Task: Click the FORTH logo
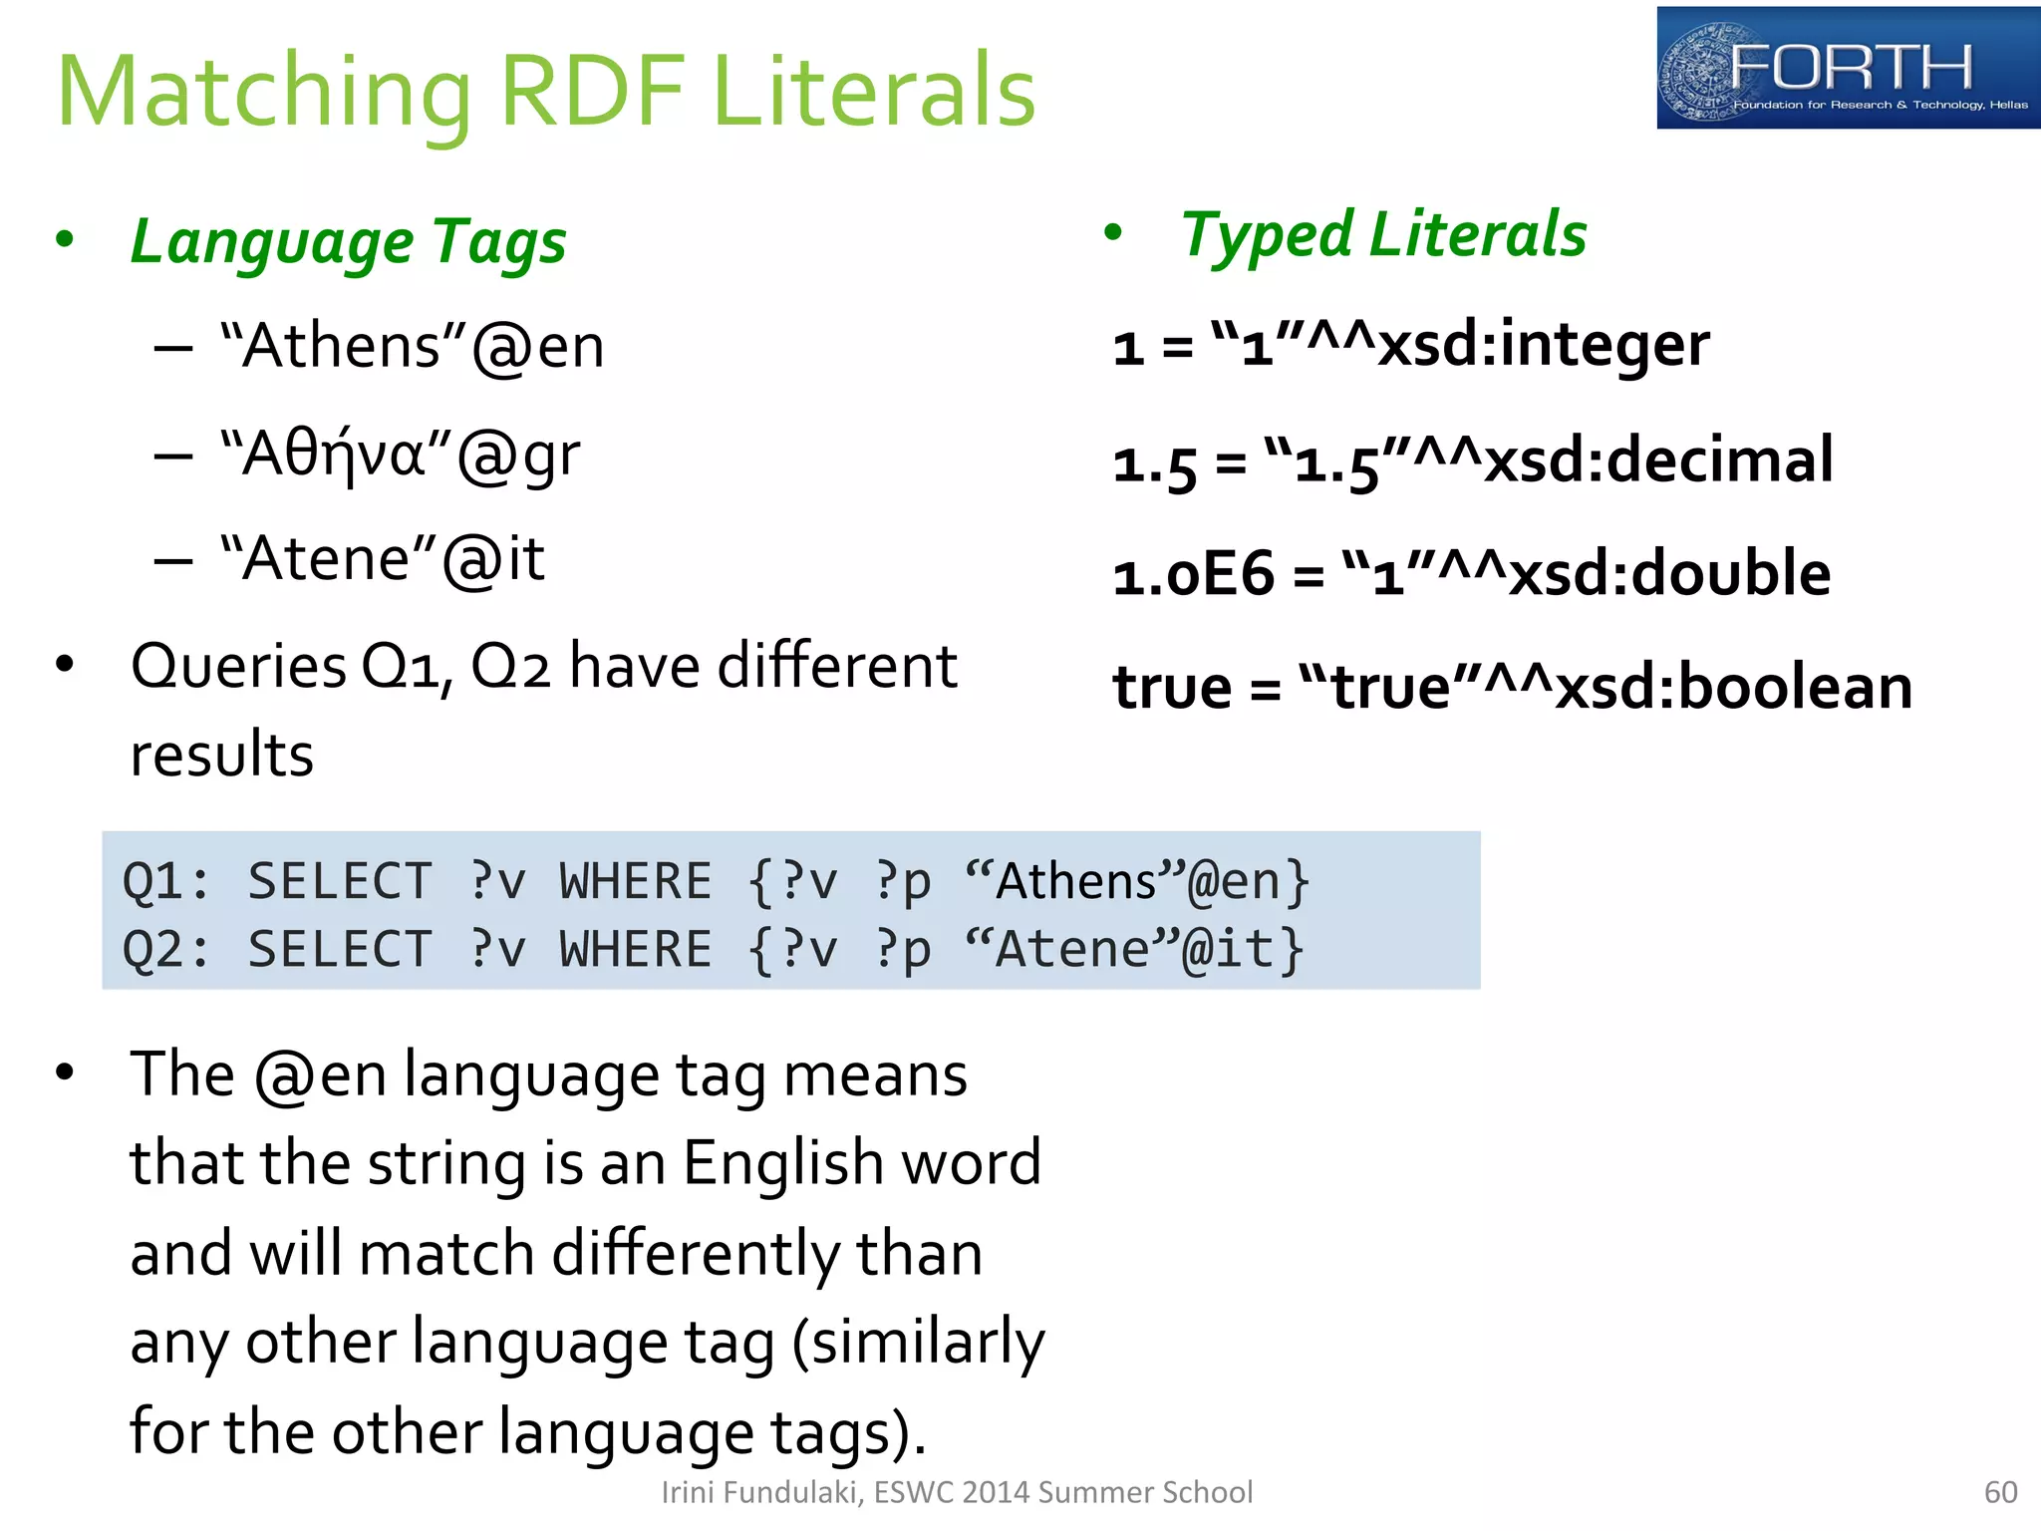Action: pyautogui.click(x=1847, y=68)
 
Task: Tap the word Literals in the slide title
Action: pyautogui.click(x=874, y=92)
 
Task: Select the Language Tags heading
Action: pyautogui.click(x=348, y=242)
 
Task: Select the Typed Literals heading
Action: pyautogui.click(x=1382, y=235)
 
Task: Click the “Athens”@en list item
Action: pyautogui.click(x=412, y=347)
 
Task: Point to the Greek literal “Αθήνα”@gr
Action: pyautogui.click(x=400, y=456)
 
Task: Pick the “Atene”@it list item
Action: pyautogui.click(x=383, y=558)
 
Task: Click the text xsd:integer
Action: pyautogui.click(x=1544, y=345)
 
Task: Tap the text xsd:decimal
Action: pyautogui.click(x=1658, y=460)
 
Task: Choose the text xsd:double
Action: pyautogui.click(x=1669, y=574)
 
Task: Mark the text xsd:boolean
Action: pyautogui.click(x=1734, y=688)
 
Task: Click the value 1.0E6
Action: pyautogui.click(x=1193, y=575)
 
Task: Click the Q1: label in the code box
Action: pyautogui.click(x=165, y=882)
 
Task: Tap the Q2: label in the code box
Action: pyautogui.click(x=165, y=949)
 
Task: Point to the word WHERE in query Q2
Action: pyautogui.click(x=635, y=949)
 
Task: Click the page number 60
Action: pyautogui.click(x=2000, y=1492)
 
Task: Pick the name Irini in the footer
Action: pyautogui.click(x=685, y=1492)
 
